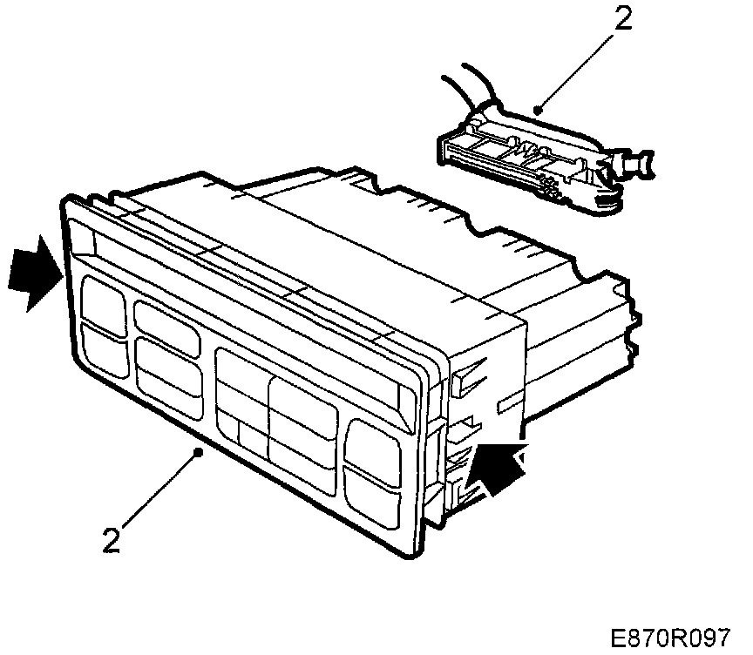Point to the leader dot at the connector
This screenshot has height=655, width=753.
[x=539, y=110]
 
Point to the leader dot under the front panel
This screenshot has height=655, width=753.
[x=201, y=451]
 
